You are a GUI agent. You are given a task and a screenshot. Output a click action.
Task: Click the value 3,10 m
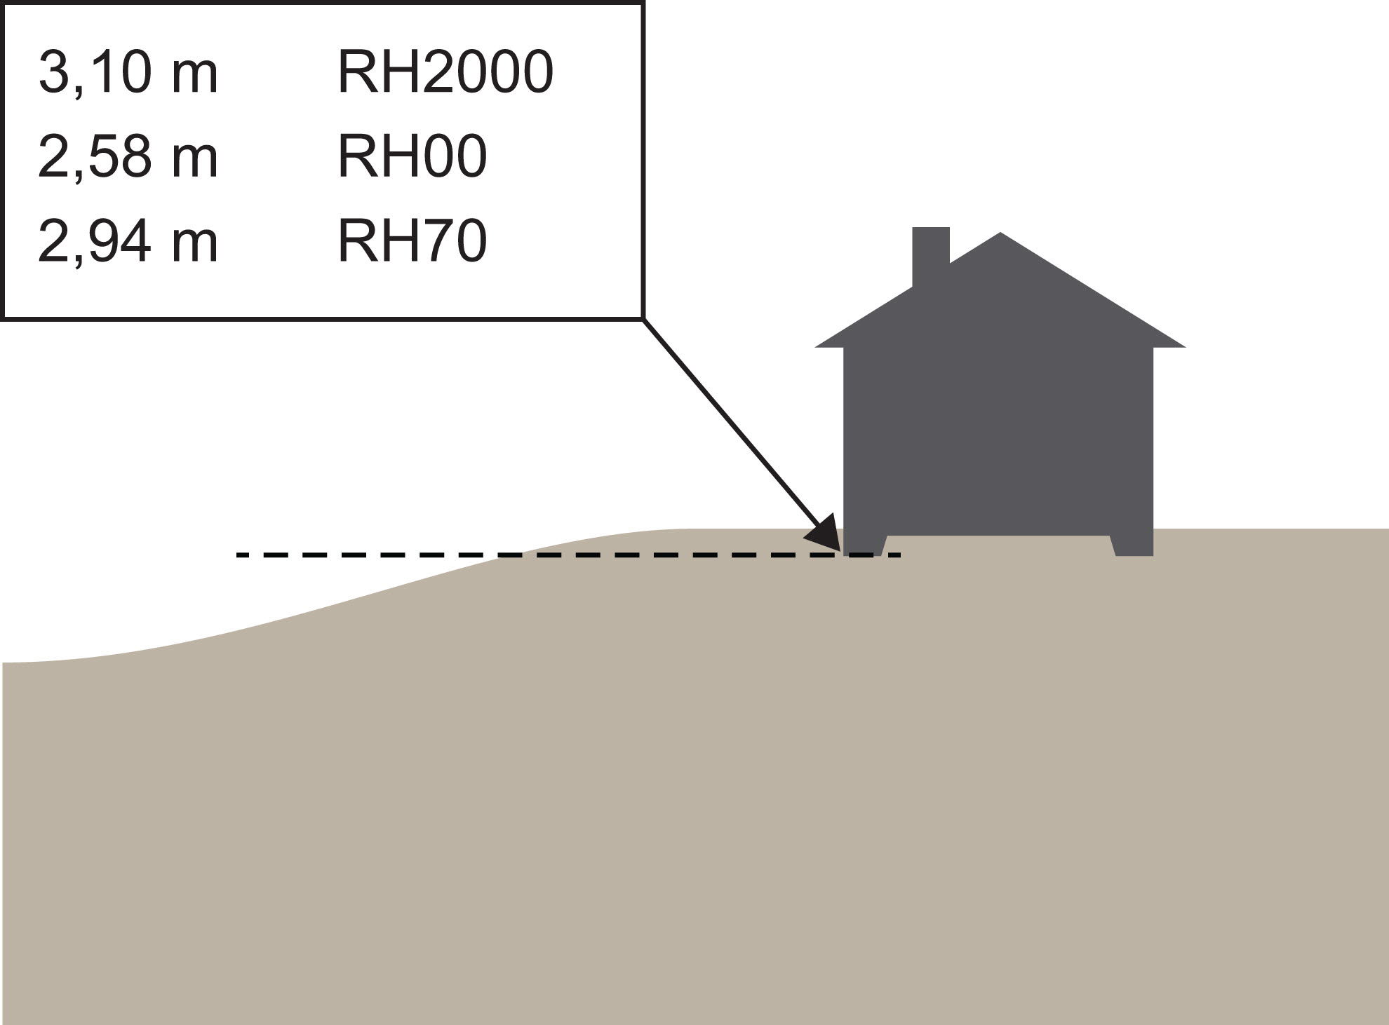click(x=128, y=73)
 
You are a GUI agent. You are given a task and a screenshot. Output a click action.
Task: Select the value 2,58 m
click(x=128, y=157)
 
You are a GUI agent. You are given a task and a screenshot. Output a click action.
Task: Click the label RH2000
click(x=445, y=73)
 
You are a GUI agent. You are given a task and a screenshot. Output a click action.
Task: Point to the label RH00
click(x=412, y=157)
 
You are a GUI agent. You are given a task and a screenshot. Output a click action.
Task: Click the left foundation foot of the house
click(x=864, y=545)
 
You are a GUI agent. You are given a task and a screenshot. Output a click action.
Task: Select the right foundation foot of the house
click(x=1133, y=545)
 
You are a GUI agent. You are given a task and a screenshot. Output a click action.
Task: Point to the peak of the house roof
click(x=1000, y=235)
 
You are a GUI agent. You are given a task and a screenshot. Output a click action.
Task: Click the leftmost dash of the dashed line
click(x=243, y=555)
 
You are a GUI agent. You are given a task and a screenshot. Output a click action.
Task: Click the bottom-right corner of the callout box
click(x=643, y=319)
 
